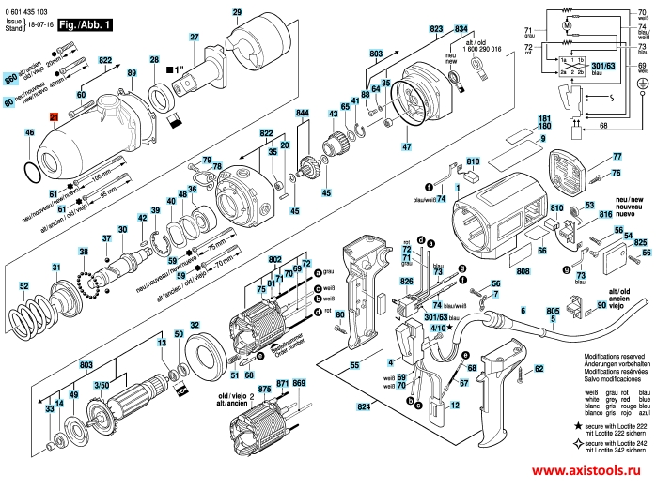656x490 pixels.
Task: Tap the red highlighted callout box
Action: pyautogui.click(x=55, y=117)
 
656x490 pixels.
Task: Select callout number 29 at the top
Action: pyautogui.click(x=237, y=12)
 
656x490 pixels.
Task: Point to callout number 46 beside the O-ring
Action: pyautogui.click(x=29, y=134)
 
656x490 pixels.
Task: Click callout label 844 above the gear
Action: pyautogui.click(x=303, y=113)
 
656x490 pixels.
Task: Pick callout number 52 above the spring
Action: pyautogui.click(x=24, y=259)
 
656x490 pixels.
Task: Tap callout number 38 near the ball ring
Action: pyautogui.click(x=84, y=252)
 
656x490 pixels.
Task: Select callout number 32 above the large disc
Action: pyautogui.click(x=195, y=326)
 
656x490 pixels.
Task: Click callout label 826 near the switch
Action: pyautogui.click(x=406, y=281)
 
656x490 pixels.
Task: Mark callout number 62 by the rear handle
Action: pyautogui.click(x=539, y=370)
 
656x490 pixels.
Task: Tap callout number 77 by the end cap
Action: pyautogui.click(x=617, y=156)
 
